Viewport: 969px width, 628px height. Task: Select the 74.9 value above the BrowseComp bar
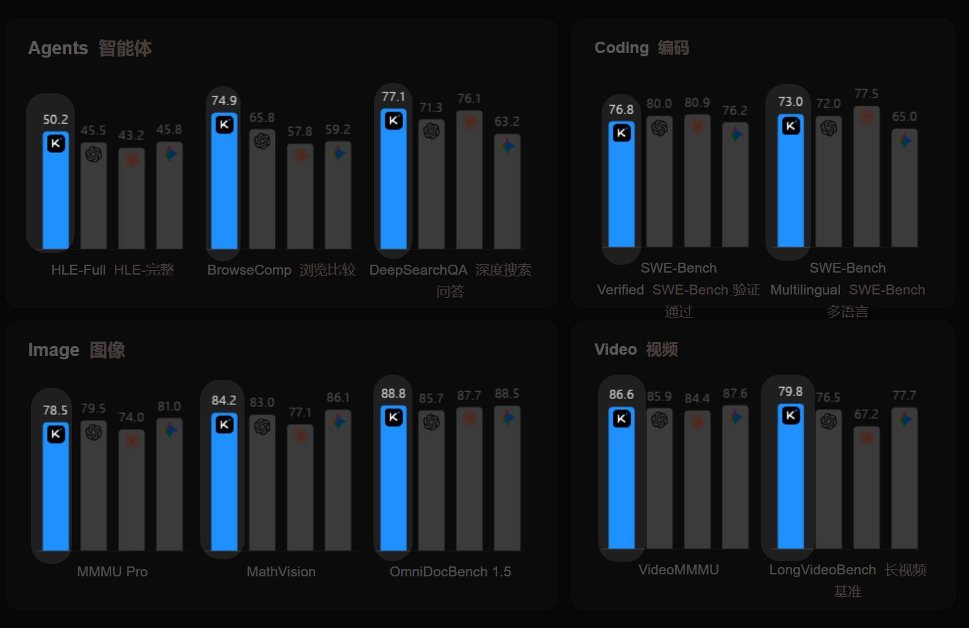click(x=224, y=101)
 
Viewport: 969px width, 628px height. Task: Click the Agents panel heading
click(x=90, y=48)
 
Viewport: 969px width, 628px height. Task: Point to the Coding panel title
click(x=641, y=48)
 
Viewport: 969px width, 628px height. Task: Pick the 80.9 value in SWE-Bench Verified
click(x=697, y=103)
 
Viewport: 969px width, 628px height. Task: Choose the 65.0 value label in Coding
click(x=904, y=116)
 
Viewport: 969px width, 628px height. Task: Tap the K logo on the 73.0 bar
click(x=791, y=126)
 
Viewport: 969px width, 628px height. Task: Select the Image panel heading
click(x=77, y=350)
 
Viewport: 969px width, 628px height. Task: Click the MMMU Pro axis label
click(x=112, y=572)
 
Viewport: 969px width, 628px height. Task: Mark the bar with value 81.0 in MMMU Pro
click(x=169, y=486)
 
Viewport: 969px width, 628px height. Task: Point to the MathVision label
click(x=281, y=572)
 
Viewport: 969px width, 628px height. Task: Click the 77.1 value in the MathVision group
click(x=300, y=412)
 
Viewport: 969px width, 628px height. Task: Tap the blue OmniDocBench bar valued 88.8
click(x=393, y=486)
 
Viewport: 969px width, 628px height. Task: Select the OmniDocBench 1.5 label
click(x=450, y=572)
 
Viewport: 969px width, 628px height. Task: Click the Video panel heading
click(x=636, y=349)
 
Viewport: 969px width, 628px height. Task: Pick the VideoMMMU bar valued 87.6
click(x=735, y=480)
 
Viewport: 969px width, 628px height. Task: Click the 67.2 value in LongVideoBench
click(x=867, y=414)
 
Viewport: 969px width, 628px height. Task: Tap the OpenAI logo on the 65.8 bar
click(x=262, y=141)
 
